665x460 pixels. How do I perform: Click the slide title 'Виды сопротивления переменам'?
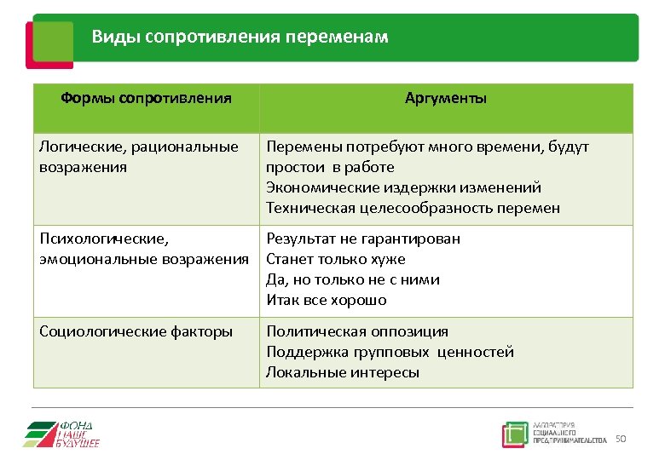pyautogui.click(x=240, y=37)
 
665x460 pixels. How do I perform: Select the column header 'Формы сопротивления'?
pyautogui.click(x=146, y=98)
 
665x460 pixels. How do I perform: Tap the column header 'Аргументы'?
pyautogui.click(x=446, y=98)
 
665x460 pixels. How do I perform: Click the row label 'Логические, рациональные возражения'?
pyautogui.click(x=138, y=157)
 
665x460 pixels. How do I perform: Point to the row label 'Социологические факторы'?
pyautogui.click(x=136, y=331)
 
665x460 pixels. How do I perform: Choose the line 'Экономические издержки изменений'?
pyautogui.click(x=403, y=187)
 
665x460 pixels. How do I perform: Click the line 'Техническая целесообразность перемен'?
pyautogui.click(x=413, y=208)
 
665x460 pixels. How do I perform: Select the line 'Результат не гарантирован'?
pyautogui.click(x=363, y=239)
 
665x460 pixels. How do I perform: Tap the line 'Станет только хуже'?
pyautogui.click(x=336, y=259)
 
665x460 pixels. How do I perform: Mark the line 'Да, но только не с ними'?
pyautogui.click(x=353, y=279)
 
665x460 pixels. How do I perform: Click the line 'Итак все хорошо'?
pyautogui.click(x=327, y=300)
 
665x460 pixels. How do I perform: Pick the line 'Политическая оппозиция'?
pyautogui.click(x=357, y=331)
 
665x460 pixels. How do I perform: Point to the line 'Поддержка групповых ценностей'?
pyautogui.click(x=390, y=352)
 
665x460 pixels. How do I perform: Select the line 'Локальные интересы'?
pyautogui.click(x=343, y=372)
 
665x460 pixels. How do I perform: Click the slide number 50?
pyautogui.click(x=621, y=439)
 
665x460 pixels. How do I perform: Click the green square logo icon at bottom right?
pyautogui.click(x=515, y=434)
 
